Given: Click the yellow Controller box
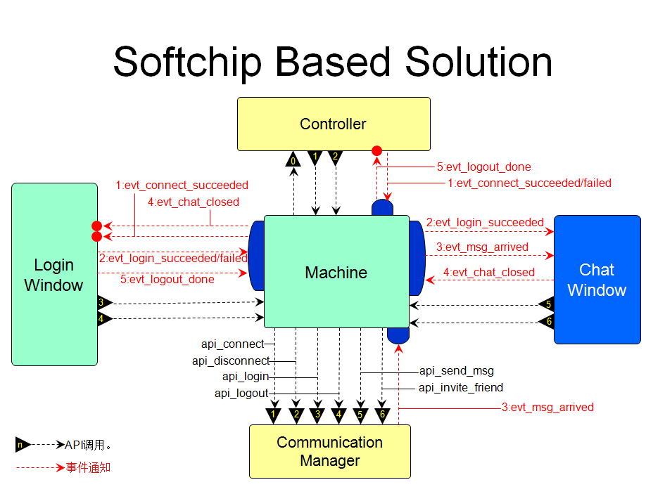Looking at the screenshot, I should (x=333, y=124).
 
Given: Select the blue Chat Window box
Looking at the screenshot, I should (x=597, y=280).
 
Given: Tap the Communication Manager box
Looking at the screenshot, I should (x=329, y=451).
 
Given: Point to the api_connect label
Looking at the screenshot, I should (x=232, y=344).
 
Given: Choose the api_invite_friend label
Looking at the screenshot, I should (x=461, y=388).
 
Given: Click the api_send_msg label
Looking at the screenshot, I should (x=457, y=371).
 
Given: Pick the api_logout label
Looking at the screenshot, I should (x=241, y=394).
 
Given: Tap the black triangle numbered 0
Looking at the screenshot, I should (x=293, y=160).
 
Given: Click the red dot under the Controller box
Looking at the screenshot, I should (x=376, y=150).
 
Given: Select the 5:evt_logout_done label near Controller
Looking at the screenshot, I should (x=483, y=167).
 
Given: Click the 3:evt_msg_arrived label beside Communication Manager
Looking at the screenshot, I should (x=547, y=408).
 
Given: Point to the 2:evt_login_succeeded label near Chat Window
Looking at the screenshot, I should (x=485, y=223).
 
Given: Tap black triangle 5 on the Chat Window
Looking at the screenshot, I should (x=547, y=305).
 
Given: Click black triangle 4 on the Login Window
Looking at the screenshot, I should (x=103, y=319).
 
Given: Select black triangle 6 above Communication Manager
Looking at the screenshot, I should (x=382, y=415).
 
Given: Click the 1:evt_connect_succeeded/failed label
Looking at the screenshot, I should (x=529, y=183).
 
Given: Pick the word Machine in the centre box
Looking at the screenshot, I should (x=336, y=273).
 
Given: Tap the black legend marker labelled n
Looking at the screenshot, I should (x=23, y=445).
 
